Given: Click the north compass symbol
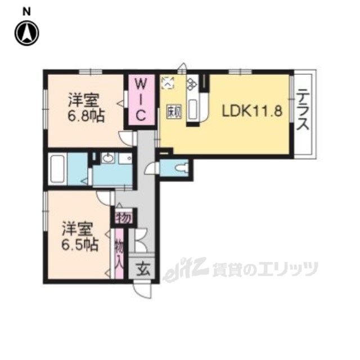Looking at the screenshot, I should pos(26,33).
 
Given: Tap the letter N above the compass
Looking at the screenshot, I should pos(26,10).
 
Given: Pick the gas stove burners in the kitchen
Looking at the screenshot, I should pos(168,84).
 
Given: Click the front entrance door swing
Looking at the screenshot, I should pos(143,290).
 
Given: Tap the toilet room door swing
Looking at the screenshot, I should pos(152,166).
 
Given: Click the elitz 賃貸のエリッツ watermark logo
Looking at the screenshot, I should pos(242,269).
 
